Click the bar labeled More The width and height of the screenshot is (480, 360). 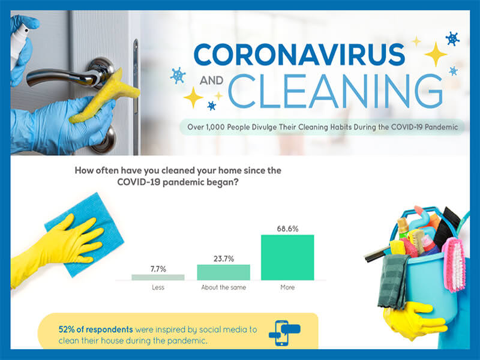(x=287, y=257)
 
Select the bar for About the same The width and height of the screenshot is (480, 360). (x=223, y=272)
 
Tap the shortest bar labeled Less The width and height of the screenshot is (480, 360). (x=158, y=277)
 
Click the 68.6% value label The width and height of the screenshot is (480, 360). (x=287, y=229)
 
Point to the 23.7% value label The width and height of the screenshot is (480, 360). (x=223, y=259)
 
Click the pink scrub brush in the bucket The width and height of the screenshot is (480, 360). (x=454, y=264)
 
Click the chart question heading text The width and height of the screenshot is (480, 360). (x=178, y=176)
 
